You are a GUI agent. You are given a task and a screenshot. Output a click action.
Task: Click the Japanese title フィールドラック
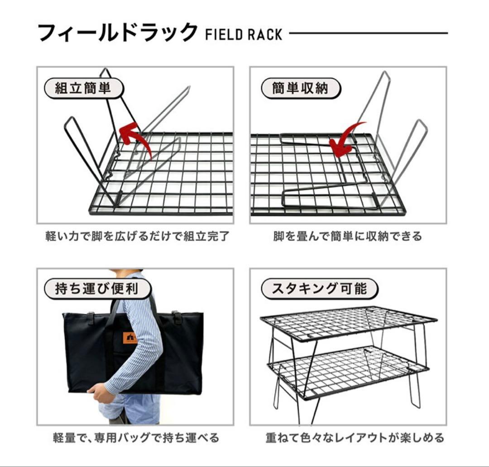117,33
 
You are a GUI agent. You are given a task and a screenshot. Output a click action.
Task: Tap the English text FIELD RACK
244,34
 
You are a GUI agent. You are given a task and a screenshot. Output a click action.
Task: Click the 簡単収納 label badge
300,88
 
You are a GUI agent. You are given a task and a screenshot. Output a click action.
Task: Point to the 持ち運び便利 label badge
97,289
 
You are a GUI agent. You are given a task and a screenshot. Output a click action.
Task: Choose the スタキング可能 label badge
319,289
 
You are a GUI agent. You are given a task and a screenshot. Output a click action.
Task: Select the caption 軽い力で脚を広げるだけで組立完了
137,236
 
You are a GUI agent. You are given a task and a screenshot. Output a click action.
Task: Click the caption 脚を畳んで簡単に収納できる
347,236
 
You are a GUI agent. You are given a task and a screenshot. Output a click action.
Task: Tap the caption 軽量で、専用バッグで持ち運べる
136,438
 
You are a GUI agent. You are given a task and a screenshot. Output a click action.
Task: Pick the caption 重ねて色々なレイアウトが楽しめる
355,438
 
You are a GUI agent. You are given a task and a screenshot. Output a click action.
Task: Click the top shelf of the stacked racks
349,323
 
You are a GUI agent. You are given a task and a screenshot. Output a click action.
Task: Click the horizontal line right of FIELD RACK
368,33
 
